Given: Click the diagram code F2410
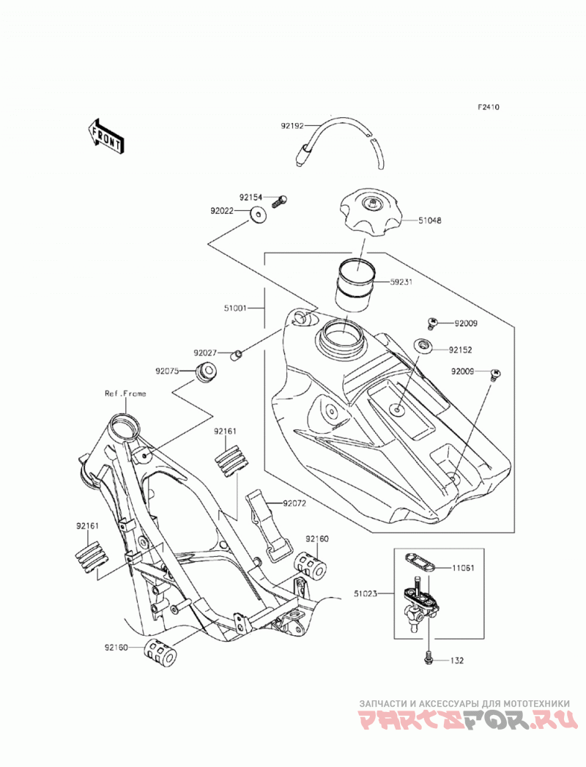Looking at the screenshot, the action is click(489, 107).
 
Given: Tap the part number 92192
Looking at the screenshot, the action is click(292, 126).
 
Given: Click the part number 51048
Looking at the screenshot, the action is click(429, 221).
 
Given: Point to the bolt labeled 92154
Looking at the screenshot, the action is click(278, 201).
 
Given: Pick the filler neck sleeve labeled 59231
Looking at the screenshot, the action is click(355, 284).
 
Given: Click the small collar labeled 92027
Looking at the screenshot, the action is click(237, 354).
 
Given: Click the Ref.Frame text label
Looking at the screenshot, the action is click(125, 393).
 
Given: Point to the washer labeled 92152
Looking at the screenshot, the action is click(423, 344).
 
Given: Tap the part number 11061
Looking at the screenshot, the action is click(463, 568).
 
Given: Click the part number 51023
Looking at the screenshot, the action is click(366, 594).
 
